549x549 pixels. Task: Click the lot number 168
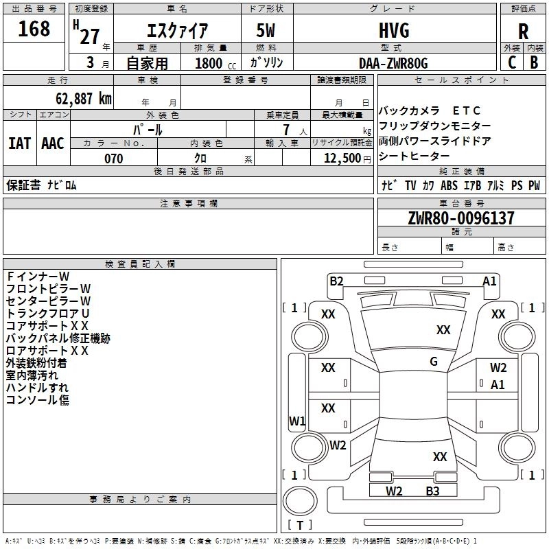(34, 28)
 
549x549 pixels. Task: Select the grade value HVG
(394, 30)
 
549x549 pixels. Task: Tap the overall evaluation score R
(523, 32)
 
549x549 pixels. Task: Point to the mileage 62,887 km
(83, 98)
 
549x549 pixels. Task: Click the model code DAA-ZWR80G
(393, 63)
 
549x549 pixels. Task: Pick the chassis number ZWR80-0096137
(461, 218)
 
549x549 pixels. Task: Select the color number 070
(114, 159)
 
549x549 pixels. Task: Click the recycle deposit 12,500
(342, 158)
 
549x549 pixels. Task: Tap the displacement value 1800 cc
(215, 63)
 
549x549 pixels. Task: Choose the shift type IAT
(19, 143)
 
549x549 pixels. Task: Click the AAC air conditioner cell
(53, 143)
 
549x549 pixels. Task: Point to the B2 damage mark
(336, 281)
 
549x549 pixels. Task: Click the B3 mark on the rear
(432, 491)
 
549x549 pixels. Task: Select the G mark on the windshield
(434, 361)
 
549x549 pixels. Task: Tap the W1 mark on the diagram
(297, 421)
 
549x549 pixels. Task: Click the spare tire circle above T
(300, 501)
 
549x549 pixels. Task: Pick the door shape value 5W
(266, 30)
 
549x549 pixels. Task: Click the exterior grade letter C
(512, 62)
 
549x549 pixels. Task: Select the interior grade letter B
(534, 62)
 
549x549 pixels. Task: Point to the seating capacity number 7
(287, 130)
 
